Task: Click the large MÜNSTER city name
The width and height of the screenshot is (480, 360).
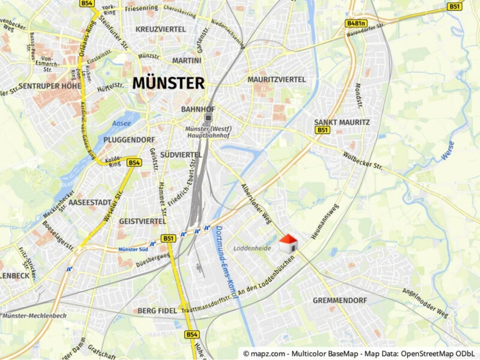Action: pos(168,84)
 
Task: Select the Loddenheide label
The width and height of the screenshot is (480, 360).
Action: pos(251,248)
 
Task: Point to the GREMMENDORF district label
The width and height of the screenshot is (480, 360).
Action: pos(340,300)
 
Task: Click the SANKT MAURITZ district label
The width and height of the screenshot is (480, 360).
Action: pos(343,122)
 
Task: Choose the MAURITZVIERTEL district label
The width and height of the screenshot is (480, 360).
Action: pos(276,79)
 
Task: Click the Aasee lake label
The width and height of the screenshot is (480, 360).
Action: pos(122,124)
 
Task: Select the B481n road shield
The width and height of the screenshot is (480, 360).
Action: pos(356,24)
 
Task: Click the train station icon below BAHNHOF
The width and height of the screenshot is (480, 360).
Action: pos(209,118)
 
